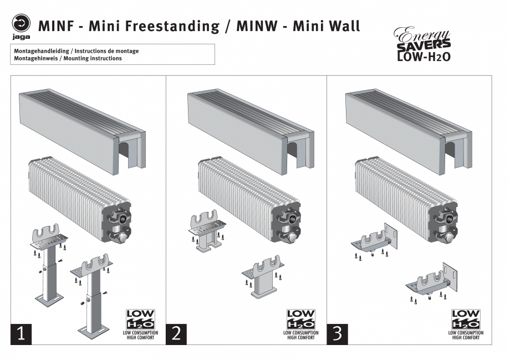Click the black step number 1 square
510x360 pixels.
[21, 334]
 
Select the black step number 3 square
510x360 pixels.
[337, 334]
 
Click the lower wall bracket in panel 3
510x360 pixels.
[432, 281]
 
